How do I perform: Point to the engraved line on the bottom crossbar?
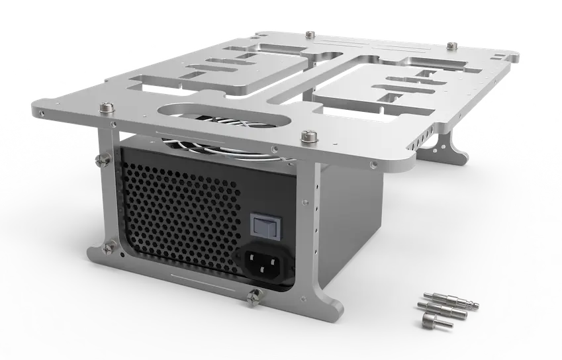(199, 277)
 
